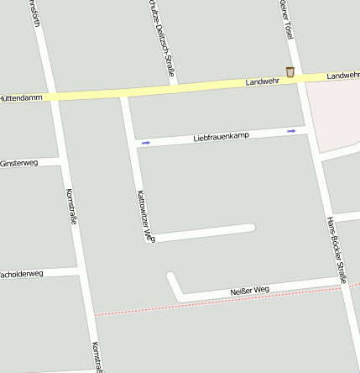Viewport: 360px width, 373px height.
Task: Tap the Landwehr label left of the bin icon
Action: click(262, 81)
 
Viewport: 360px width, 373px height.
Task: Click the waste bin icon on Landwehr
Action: click(290, 72)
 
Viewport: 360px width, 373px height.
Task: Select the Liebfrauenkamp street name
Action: click(222, 136)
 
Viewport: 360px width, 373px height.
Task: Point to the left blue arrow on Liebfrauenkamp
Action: click(146, 143)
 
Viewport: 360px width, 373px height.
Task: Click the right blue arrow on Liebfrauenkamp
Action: click(291, 130)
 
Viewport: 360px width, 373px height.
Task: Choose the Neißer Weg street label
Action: click(249, 291)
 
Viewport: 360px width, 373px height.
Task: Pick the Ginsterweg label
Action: click(19, 162)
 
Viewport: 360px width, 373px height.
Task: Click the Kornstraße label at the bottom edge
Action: click(97, 357)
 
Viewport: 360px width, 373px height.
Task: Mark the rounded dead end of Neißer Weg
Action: click(171, 276)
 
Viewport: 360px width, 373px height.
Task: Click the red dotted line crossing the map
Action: click(210, 303)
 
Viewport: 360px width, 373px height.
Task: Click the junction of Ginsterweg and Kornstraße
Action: click(61, 160)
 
